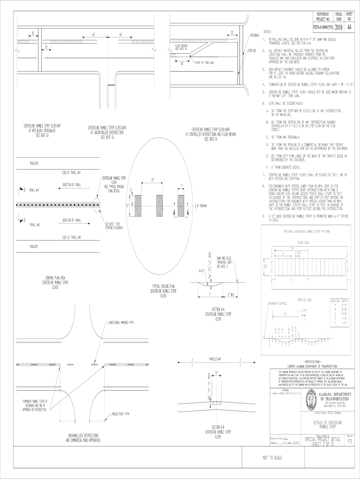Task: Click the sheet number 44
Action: pos(349,28)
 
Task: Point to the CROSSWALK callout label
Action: pos(255,36)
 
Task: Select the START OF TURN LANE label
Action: pos(204,62)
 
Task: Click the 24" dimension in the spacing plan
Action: pos(153,179)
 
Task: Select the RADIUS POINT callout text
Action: pos(120,414)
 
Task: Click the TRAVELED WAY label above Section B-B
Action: pos(215,359)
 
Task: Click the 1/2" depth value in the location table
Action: pos(345,323)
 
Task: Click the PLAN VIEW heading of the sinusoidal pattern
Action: pos(303,242)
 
